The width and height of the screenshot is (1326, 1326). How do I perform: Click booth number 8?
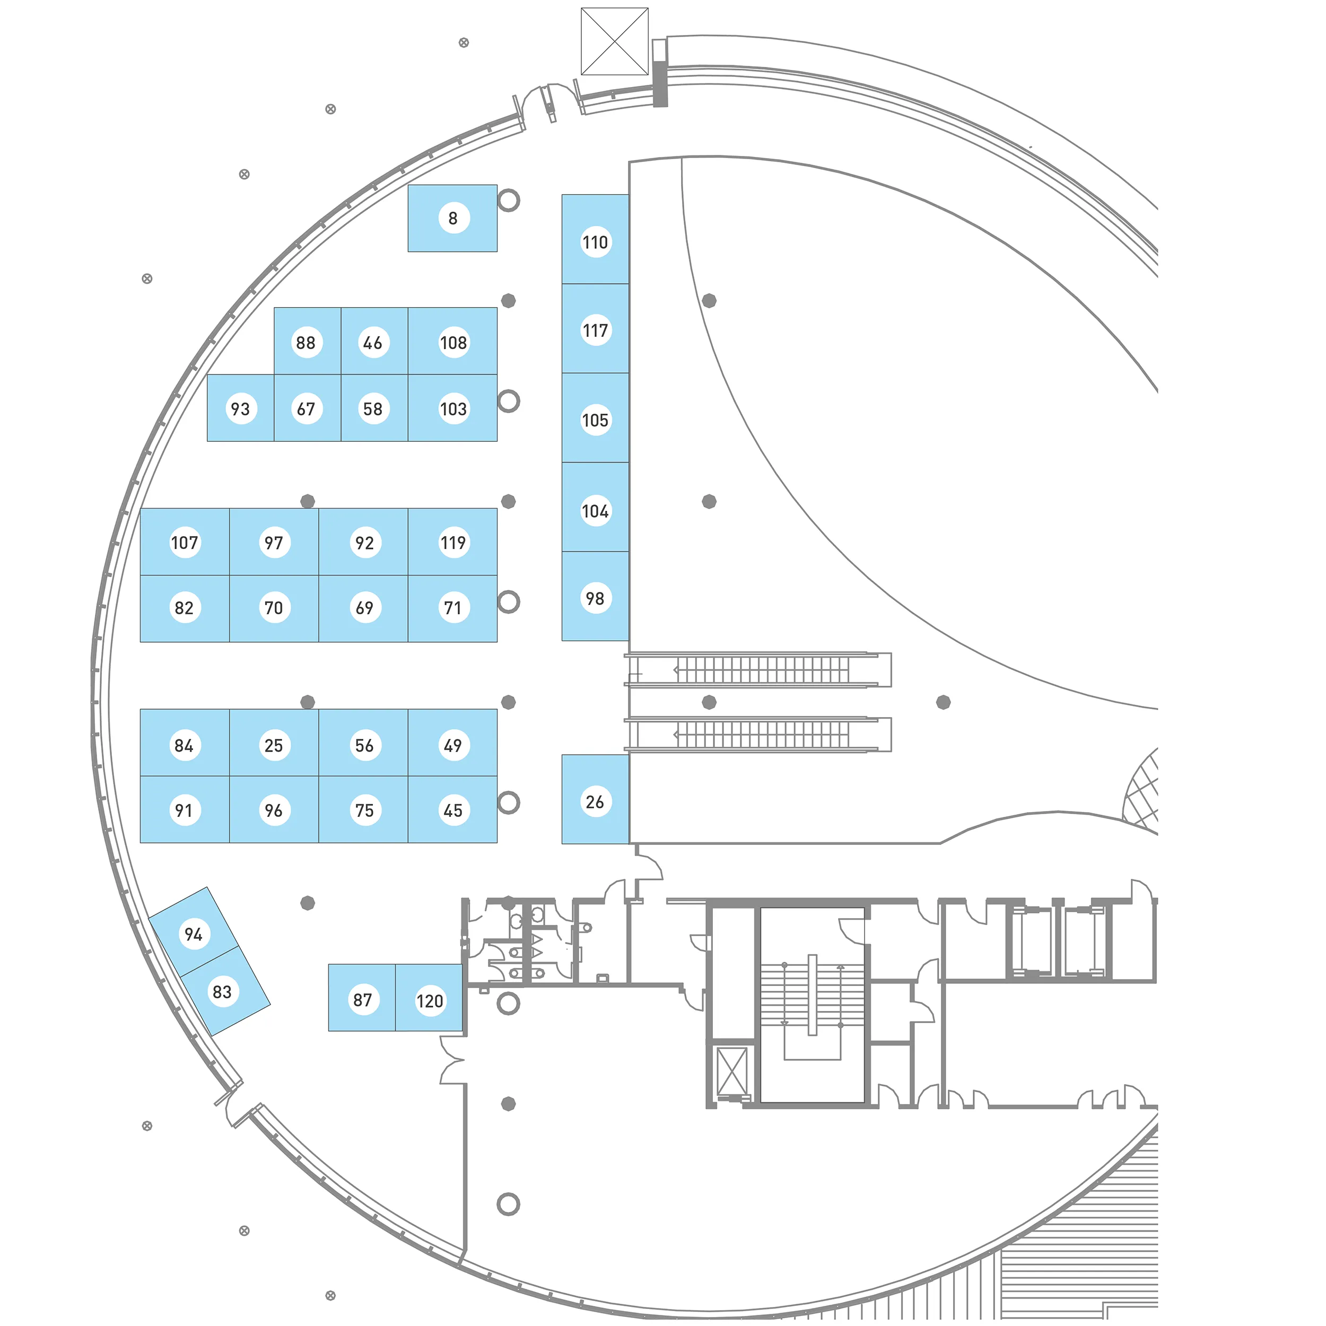(x=452, y=218)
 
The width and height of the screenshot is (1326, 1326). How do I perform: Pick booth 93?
(x=240, y=408)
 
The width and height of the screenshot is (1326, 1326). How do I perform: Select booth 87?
(x=362, y=999)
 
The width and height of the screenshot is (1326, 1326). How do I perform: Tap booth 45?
(x=452, y=810)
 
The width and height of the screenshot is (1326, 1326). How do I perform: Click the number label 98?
(x=595, y=598)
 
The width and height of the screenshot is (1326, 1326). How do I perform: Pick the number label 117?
(x=595, y=330)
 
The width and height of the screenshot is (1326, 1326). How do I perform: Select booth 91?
(x=184, y=810)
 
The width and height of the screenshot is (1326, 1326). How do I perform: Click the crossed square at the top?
(x=614, y=41)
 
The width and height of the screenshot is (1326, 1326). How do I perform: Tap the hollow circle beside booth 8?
(x=509, y=200)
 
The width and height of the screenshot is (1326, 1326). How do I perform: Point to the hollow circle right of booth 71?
(x=509, y=602)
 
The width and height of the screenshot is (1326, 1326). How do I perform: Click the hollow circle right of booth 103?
(x=509, y=401)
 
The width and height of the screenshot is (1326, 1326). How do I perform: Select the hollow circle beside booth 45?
(x=509, y=802)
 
